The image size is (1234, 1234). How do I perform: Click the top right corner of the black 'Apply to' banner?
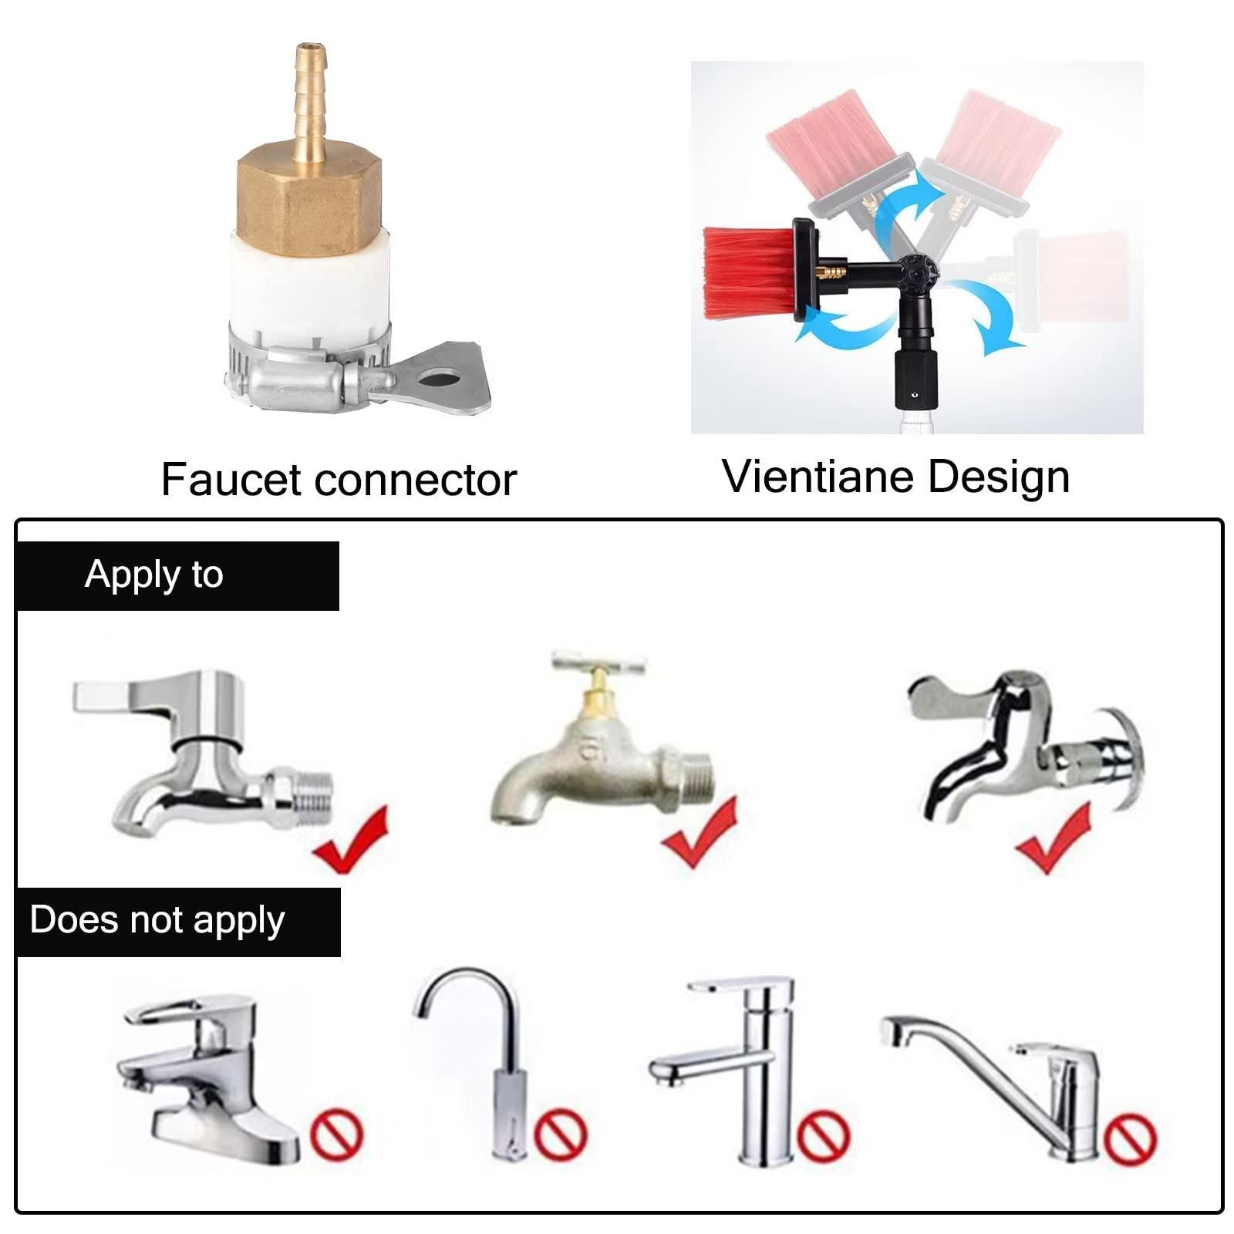click(x=339, y=541)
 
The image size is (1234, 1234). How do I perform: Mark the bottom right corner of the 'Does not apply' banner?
click(x=340, y=957)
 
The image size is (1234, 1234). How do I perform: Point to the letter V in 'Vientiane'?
click(x=740, y=476)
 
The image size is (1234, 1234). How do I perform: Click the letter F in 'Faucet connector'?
click(x=174, y=480)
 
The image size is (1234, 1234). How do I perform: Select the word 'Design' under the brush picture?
click(x=999, y=477)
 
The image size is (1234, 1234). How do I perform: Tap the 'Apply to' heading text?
click(x=154, y=575)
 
